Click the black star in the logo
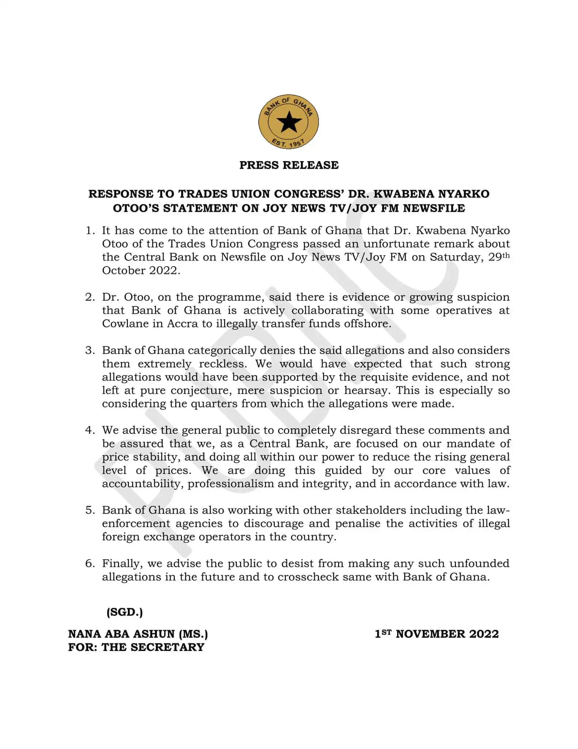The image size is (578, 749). [x=289, y=122]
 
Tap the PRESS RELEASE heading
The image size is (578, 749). [x=289, y=165]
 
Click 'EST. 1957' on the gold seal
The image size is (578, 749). [x=289, y=142]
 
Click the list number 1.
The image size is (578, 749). [x=90, y=230]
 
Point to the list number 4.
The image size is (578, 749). [x=90, y=430]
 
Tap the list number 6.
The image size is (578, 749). [x=90, y=563]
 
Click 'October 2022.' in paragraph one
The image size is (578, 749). [x=141, y=270]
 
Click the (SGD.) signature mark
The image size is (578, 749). [x=125, y=612]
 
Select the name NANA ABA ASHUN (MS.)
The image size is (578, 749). [x=138, y=634]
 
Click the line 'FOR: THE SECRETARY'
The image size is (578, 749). [x=136, y=647]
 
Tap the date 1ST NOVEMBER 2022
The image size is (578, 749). [x=437, y=634]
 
